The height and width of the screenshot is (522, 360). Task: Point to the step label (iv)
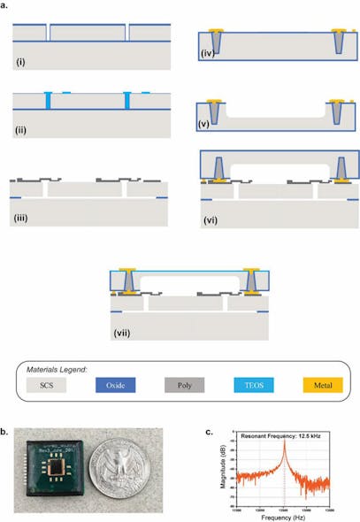(209, 55)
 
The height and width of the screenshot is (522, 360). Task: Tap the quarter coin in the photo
(124, 470)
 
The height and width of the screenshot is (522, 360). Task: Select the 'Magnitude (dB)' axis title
(218, 471)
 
